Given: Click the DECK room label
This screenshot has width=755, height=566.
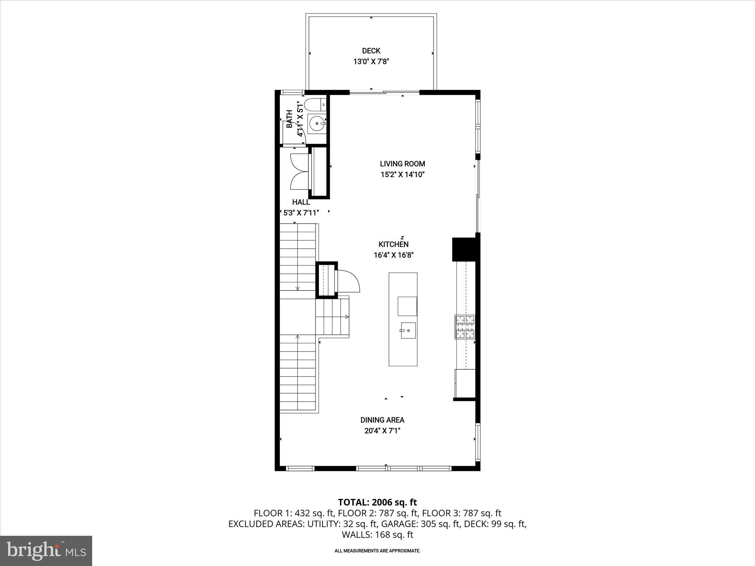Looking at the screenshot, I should pyautogui.click(x=371, y=51).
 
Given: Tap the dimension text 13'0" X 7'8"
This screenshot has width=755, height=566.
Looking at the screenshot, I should pyautogui.click(x=371, y=62).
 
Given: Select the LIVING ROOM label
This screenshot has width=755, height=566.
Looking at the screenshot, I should pyautogui.click(x=402, y=164).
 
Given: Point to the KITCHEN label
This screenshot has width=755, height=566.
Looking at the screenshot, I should pyautogui.click(x=393, y=244).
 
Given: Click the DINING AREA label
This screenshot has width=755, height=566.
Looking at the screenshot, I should pyautogui.click(x=382, y=420).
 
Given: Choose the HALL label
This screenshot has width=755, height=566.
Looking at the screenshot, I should pyautogui.click(x=301, y=202).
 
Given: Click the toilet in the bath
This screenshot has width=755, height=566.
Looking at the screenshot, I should pyautogui.click(x=315, y=105).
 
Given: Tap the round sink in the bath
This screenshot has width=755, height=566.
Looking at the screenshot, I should pyautogui.click(x=316, y=123).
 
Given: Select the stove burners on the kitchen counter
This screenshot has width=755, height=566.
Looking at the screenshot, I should pyautogui.click(x=465, y=326).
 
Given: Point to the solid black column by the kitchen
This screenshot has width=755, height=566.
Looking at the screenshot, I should pyautogui.click(x=464, y=249).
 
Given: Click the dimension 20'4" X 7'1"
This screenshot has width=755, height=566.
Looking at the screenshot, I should pyautogui.click(x=382, y=430).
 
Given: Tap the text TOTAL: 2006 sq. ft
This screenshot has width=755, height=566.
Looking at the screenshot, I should pyautogui.click(x=377, y=502).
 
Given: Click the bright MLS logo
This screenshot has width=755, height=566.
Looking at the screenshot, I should pyautogui.click(x=46, y=551).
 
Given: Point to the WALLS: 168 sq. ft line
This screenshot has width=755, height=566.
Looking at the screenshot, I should pyautogui.click(x=377, y=535).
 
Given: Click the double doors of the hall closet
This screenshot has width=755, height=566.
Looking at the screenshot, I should pyautogui.click(x=299, y=171).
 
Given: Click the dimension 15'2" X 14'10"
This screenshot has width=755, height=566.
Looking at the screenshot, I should pyautogui.click(x=402, y=174).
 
